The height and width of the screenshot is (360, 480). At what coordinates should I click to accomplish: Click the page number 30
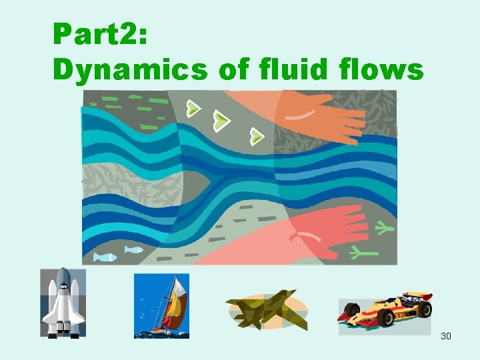[x=446, y=336]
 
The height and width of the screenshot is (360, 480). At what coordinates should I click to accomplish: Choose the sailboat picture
[x=162, y=305]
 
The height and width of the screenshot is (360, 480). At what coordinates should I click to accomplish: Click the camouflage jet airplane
[x=266, y=309]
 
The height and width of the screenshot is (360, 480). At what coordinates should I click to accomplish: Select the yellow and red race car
[x=385, y=313]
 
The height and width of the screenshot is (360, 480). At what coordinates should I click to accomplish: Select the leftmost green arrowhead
[x=193, y=108]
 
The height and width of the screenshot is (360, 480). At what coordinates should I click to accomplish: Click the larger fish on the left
[x=104, y=257]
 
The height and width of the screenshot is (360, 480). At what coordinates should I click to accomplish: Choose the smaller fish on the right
[x=134, y=250]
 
